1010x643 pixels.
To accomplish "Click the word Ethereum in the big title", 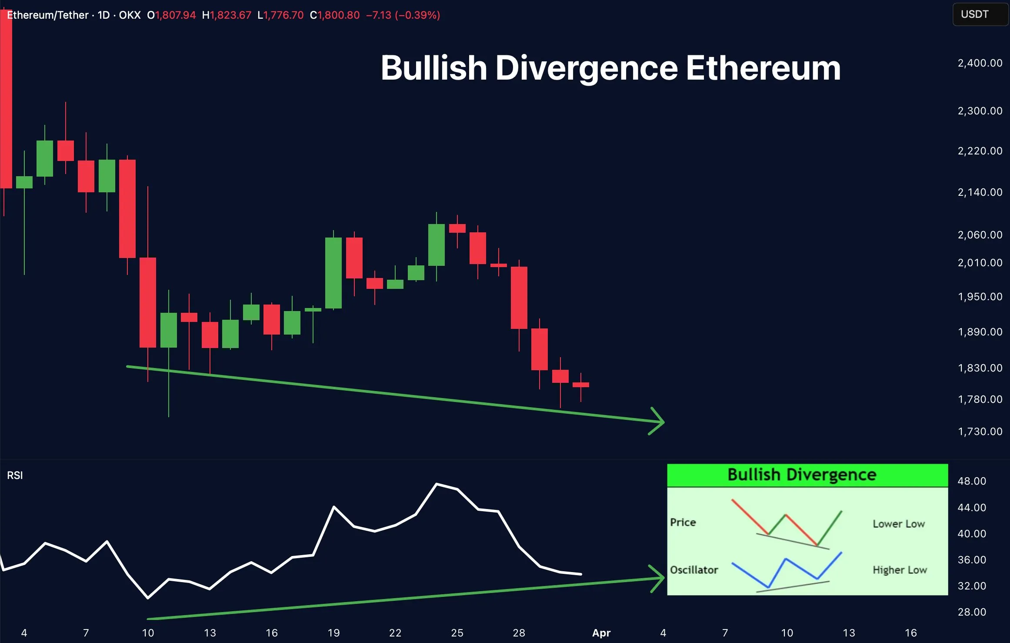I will coord(763,68).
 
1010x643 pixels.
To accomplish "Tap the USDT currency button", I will coord(974,14).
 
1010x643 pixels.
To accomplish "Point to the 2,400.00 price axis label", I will coord(980,63).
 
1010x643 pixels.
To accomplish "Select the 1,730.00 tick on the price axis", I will coord(980,431).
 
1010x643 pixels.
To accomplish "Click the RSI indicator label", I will coord(15,475).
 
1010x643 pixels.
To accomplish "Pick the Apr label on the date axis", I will coord(601,633).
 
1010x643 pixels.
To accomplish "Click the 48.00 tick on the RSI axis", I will coord(971,481).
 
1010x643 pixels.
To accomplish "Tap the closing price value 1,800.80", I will coord(338,15).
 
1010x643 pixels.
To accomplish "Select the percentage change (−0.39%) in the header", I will coord(417,15).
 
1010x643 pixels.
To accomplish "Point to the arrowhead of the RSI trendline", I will coord(660,578).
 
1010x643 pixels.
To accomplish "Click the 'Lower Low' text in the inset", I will coord(898,524).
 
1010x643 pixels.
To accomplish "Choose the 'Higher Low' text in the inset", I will coord(900,570).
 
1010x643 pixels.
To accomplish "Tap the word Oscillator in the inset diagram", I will coord(694,570).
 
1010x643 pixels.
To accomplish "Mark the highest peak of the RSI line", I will coord(437,484).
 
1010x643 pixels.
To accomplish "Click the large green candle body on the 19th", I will coord(333,273).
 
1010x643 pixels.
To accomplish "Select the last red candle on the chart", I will coord(581,385).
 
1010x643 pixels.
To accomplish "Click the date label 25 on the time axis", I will coord(457,633).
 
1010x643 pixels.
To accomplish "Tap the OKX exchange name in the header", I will coord(130,15).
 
